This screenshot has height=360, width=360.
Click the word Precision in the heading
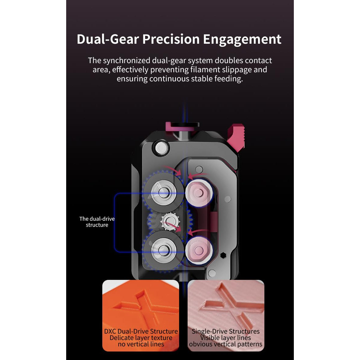171,39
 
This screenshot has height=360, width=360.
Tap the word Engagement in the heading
242,39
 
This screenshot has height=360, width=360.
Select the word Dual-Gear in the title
108,39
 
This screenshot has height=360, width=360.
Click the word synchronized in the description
127,61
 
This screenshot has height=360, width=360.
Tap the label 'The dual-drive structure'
97,222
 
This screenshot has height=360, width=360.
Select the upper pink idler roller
199,193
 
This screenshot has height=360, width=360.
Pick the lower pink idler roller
199,250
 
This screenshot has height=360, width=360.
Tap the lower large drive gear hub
163,250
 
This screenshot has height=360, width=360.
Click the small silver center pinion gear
170,222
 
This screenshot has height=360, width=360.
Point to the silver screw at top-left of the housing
161,148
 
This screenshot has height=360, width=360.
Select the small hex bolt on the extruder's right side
223,255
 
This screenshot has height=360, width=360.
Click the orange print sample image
141,315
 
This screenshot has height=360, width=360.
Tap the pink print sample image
226,315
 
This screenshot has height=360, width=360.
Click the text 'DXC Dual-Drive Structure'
141,331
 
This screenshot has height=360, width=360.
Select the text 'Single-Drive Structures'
226,331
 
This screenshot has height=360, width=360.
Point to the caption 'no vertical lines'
141,344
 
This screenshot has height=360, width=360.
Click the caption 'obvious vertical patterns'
226,344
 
